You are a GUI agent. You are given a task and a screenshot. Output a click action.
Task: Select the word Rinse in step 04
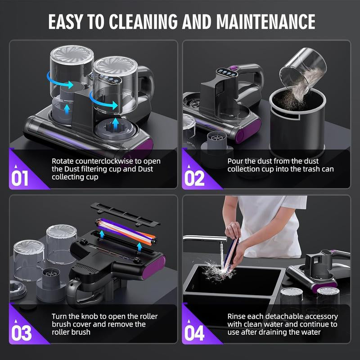pyautogui.click(x=237, y=316)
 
